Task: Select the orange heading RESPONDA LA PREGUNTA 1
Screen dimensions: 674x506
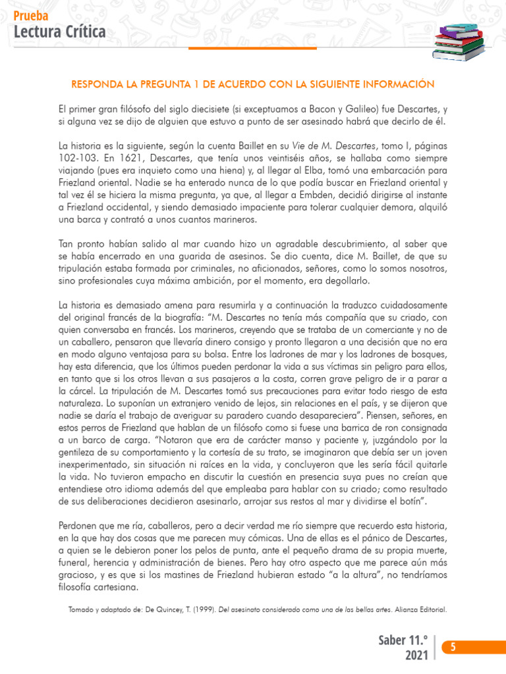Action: [253, 85]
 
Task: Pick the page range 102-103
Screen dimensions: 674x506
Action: [77, 159]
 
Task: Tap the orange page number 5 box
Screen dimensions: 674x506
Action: [452, 648]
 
